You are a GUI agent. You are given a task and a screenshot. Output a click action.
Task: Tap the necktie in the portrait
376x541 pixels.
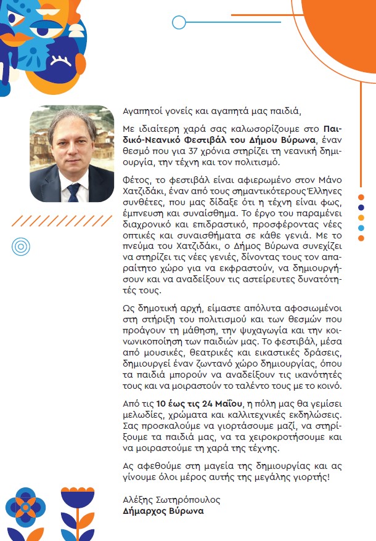(x=74, y=192)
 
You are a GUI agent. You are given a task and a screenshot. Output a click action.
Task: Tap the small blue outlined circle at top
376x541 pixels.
(x=179, y=23)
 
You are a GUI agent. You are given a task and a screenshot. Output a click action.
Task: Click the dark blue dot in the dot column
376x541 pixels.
(x=361, y=207)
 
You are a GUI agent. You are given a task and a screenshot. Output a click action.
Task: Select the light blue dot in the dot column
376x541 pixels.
(x=361, y=228)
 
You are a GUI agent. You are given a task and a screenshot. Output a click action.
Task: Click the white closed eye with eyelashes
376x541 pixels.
(x=61, y=60)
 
